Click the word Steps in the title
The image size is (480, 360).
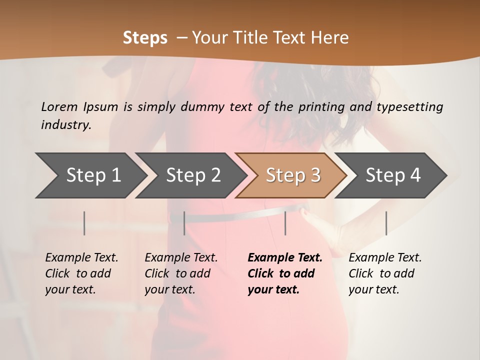[145, 38]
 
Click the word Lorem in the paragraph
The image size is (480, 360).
[59, 107]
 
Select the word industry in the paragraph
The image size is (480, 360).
[65, 125]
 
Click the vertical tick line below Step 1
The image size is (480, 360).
[84, 223]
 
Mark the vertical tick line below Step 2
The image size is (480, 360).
[184, 223]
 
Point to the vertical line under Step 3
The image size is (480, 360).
[285, 223]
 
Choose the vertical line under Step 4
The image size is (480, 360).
[386, 223]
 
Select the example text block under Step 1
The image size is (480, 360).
[81, 273]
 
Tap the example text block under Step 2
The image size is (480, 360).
[181, 273]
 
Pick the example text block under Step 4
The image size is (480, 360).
[385, 273]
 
